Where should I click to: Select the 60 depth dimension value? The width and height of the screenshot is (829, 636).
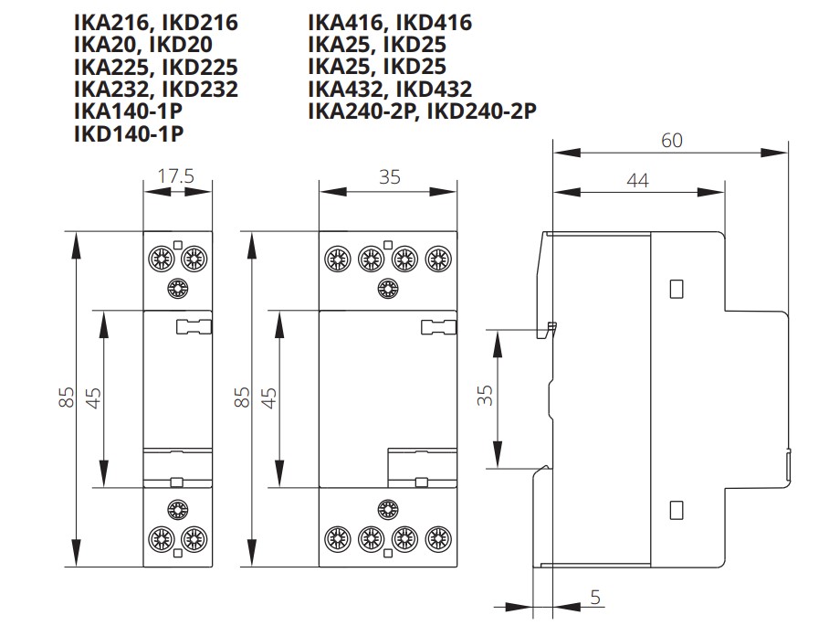[x=671, y=140]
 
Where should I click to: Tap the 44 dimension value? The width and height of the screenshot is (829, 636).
[x=637, y=180]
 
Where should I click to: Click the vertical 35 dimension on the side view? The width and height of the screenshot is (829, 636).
[x=486, y=395]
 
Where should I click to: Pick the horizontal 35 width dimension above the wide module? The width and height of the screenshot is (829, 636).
[x=389, y=176]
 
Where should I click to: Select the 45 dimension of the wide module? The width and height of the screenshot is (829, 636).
[x=269, y=397]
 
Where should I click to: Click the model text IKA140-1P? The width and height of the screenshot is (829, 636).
[x=129, y=111]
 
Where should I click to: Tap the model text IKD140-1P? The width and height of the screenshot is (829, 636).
[x=129, y=134]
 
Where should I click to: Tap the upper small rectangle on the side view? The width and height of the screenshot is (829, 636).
[x=677, y=289]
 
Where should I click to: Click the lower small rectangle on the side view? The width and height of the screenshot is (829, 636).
[x=677, y=508]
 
